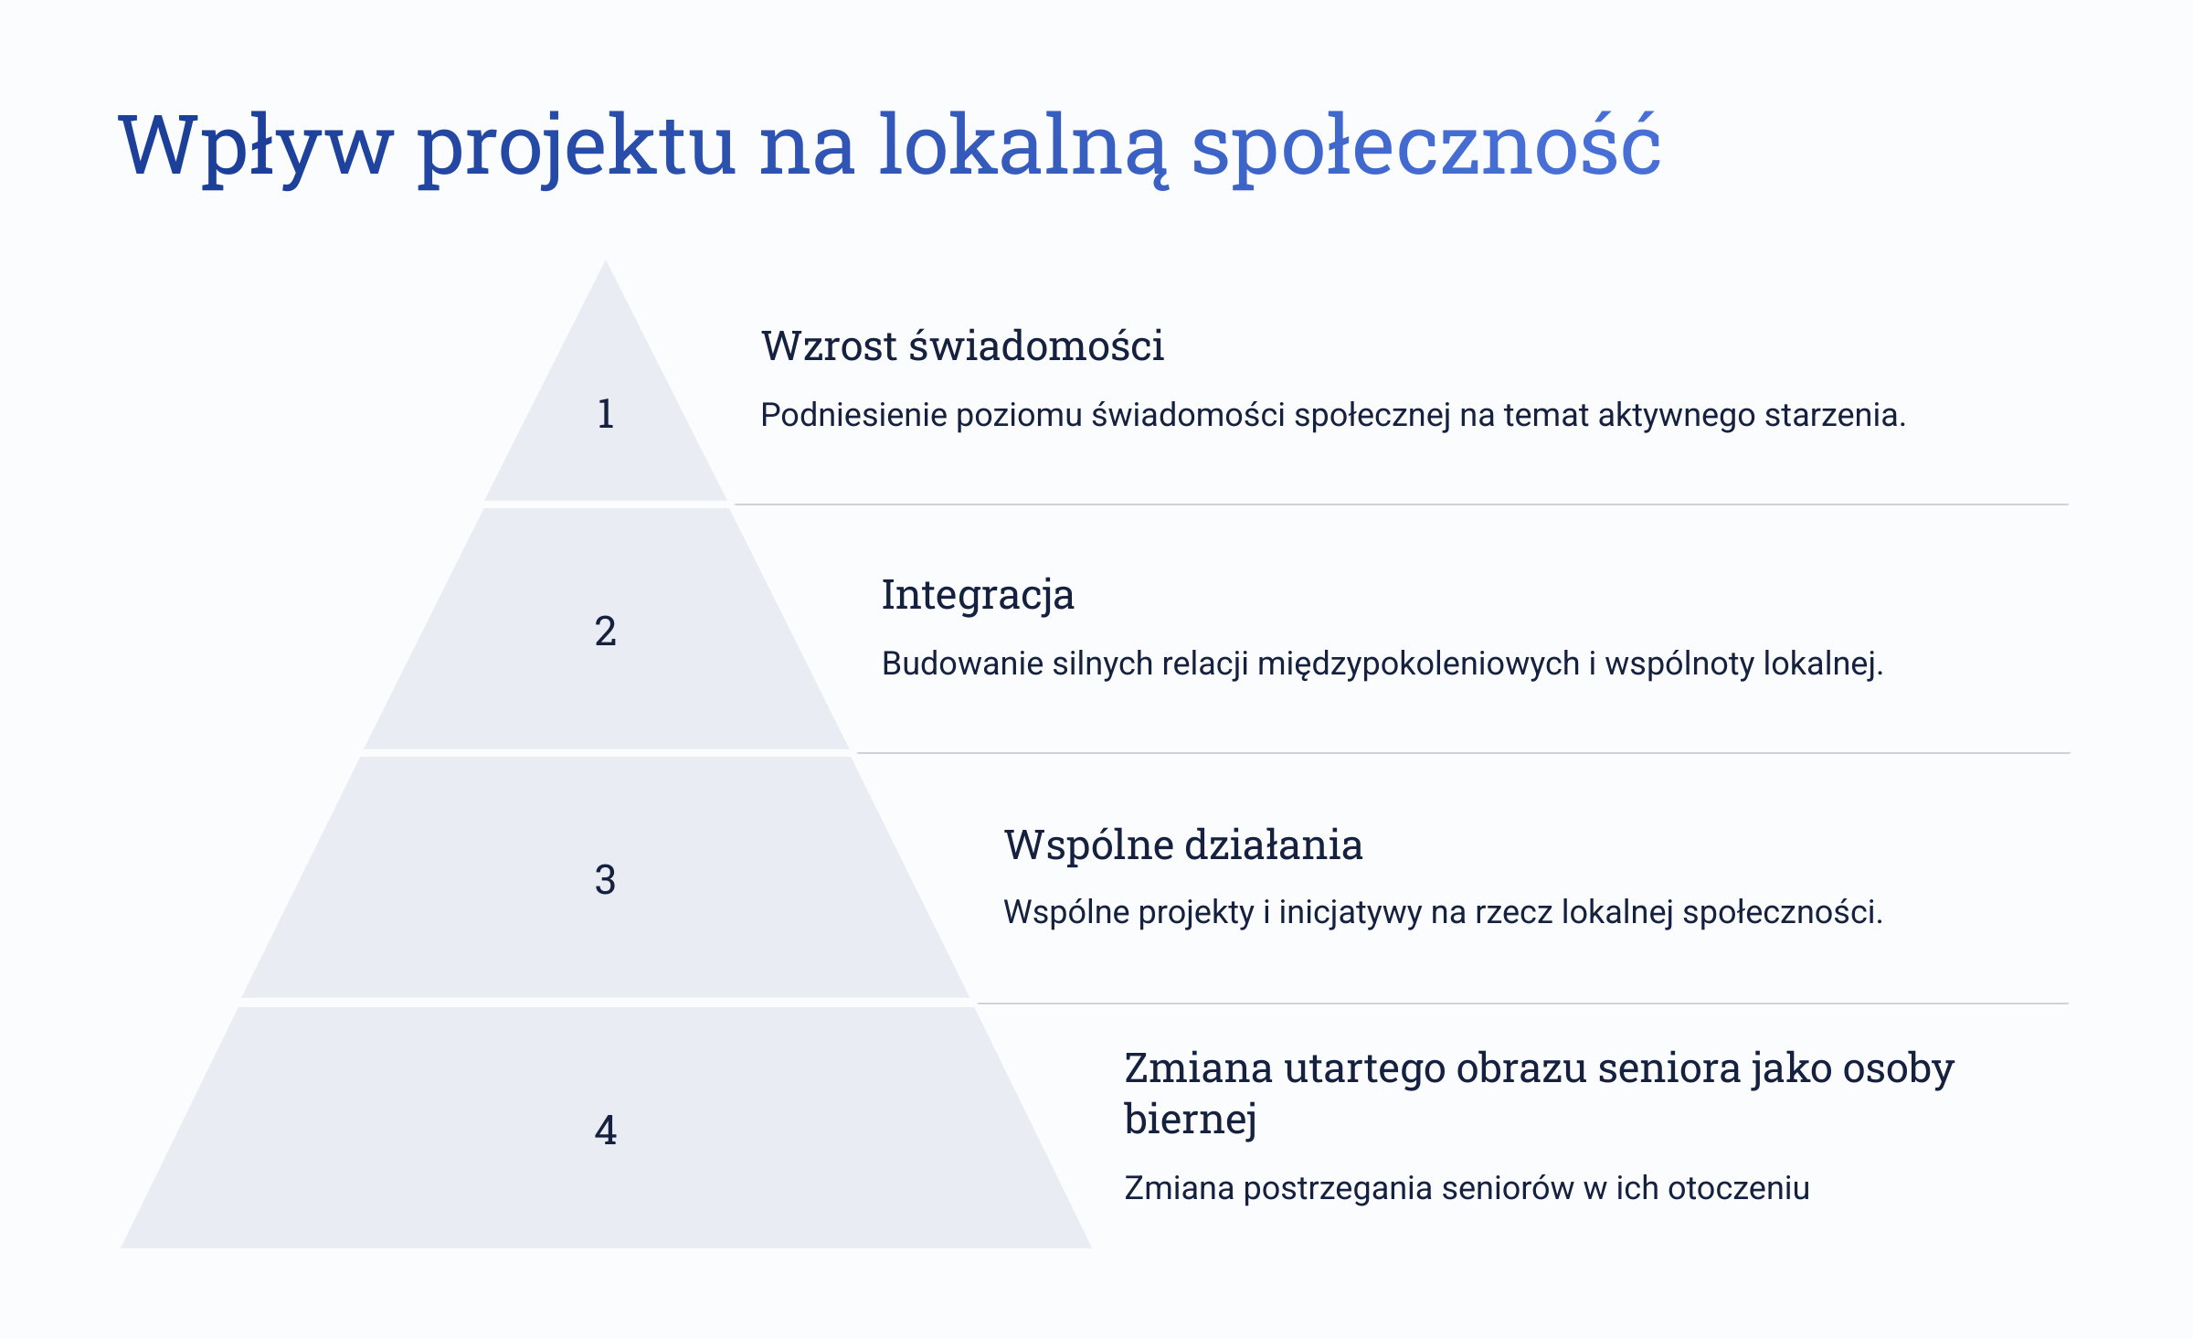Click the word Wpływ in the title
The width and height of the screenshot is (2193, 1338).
(x=256, y=146)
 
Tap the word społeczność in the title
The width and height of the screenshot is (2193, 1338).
(x=1426, y=146)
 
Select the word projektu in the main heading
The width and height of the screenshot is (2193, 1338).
(x=577, y=146)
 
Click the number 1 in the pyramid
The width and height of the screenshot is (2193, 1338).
(x=605, y=414)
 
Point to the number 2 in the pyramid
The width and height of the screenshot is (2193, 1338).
(x=605, y=632)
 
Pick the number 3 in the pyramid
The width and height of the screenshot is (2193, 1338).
(x=605, y=880)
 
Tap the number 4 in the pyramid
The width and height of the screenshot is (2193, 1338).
(x=605, y=1131)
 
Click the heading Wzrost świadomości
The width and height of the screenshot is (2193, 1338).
(x=962, y=346)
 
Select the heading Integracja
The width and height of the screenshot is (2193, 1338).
(x=978, y=596)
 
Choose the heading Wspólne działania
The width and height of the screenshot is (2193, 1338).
(x=1183, y=844)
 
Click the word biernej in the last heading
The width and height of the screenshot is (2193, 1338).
(x=1191, y=1118)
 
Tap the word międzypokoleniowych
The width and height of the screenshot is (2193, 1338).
(x=1418, y=664)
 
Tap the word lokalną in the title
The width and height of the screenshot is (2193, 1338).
(x=1022, y=146)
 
